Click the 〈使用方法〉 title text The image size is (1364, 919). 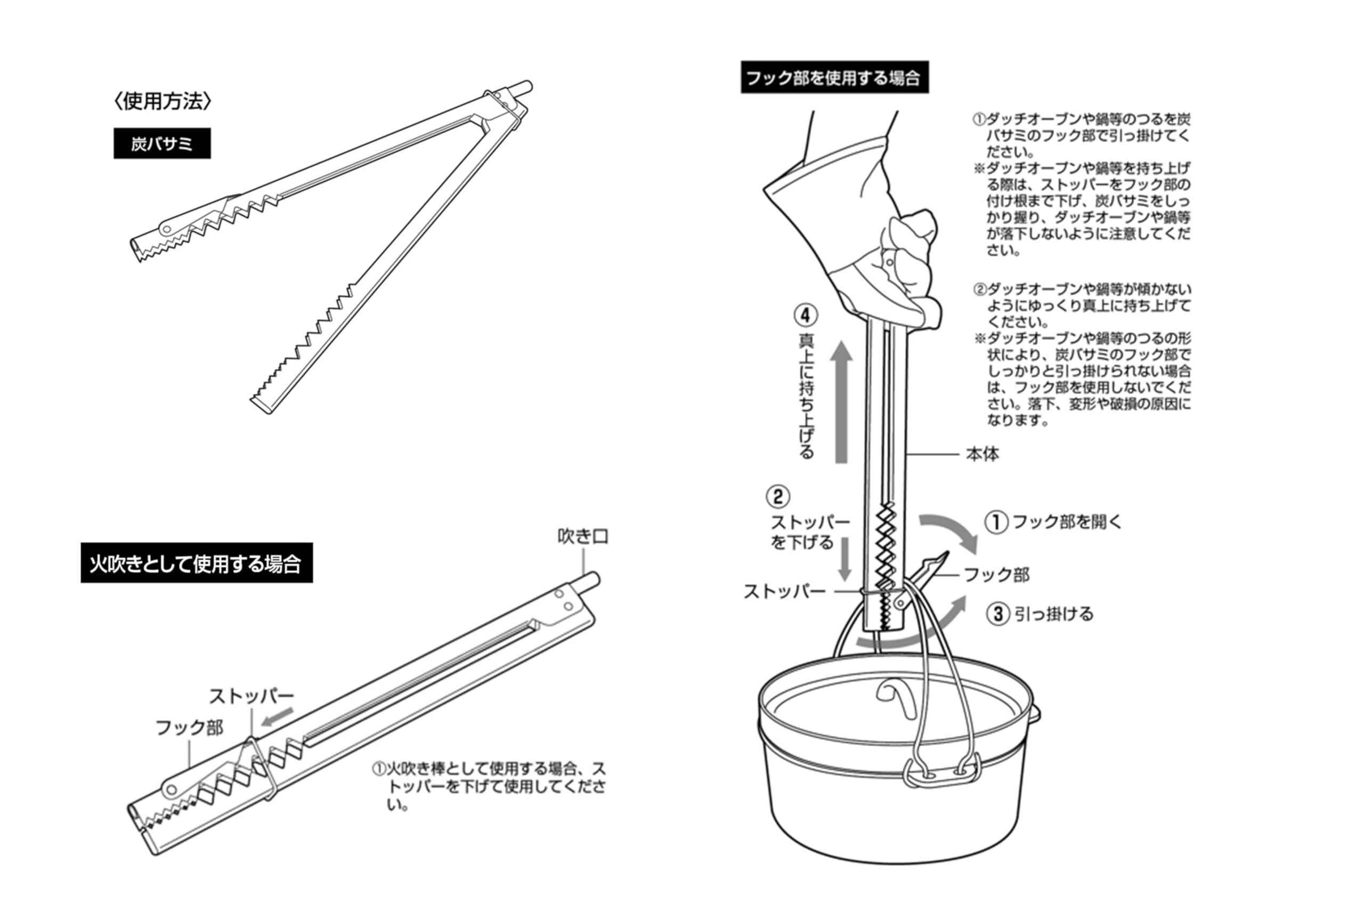162,101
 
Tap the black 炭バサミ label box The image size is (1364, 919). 161,143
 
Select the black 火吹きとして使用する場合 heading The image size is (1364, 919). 196,563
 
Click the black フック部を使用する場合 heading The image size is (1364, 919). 833,77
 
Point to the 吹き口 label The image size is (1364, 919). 582,536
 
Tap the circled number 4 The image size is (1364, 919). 805,316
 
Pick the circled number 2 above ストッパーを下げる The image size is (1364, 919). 778,497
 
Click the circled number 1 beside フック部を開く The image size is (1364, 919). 996,522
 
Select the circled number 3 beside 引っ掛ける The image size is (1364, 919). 998,614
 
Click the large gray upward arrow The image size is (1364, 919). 842,402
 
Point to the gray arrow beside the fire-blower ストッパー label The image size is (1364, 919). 277,716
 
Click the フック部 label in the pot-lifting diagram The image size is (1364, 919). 996,575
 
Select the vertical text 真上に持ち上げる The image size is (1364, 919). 807,396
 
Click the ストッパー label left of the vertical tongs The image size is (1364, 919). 784,592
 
